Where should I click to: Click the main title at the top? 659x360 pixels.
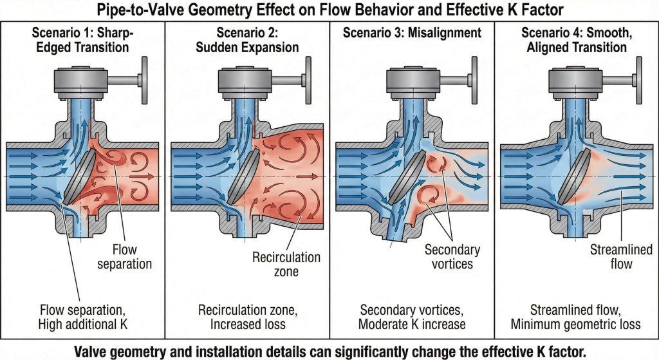pos(329,10)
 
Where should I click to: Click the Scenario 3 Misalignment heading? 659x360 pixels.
pos(413,32)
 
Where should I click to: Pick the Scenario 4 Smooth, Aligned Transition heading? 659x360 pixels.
pos(577,40)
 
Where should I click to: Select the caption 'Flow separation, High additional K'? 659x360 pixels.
pos(83,317)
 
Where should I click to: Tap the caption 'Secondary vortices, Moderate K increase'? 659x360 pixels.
pos(412,317)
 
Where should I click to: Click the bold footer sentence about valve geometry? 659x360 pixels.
pos(329,351)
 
